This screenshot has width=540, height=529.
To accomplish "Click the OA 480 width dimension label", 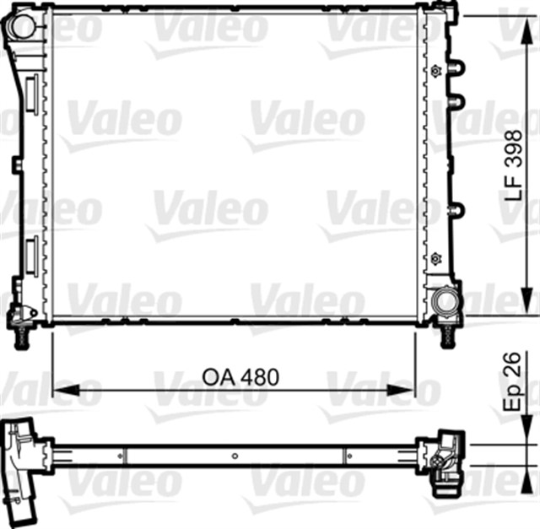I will pyautogui.click(x=240, y=377).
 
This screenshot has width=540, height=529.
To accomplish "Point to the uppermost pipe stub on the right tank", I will pyautogui.click(x=456, y=67).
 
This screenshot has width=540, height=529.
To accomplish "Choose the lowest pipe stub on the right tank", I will pyautogui.click(x=456, y=210).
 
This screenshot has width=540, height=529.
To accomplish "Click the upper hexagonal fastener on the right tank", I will pyautogui.click(x=435, y=71).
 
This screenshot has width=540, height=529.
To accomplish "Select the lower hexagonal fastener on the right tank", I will pyautogui.click(x=435, y=257).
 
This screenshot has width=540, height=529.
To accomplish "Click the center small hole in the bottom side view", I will pyautogui.click(x=235, y=456).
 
